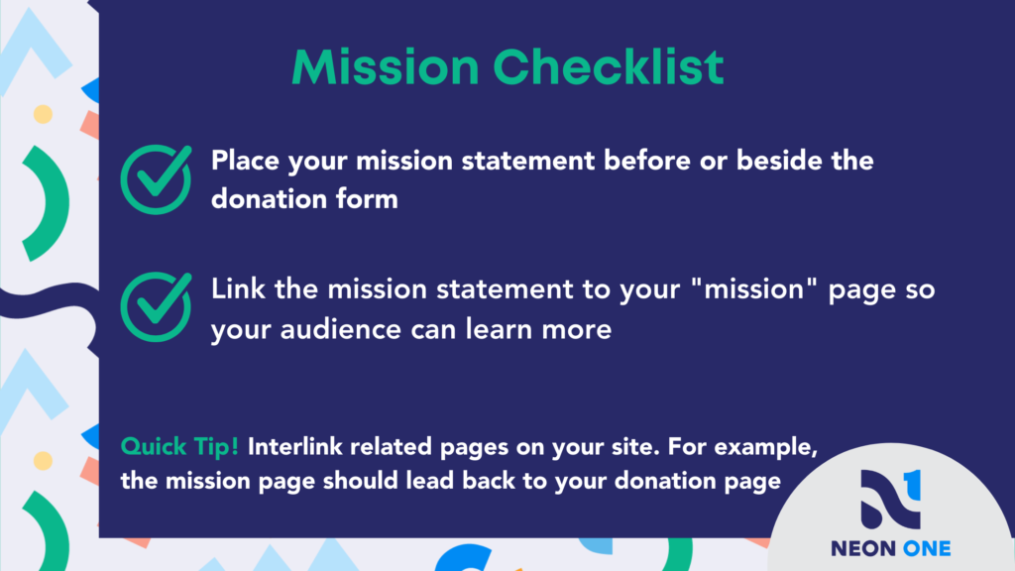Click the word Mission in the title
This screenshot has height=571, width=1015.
[386, 66]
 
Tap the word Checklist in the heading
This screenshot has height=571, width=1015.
[609, 66]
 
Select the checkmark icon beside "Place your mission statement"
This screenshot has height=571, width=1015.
[156, 179]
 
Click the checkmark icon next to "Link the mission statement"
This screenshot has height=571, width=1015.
[156, 307]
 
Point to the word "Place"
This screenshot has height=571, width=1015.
[246, 160]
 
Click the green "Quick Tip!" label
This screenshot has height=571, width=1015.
[179, 446]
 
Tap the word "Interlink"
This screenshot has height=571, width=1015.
[294, 446]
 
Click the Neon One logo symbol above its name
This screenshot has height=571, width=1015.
[891, 500]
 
